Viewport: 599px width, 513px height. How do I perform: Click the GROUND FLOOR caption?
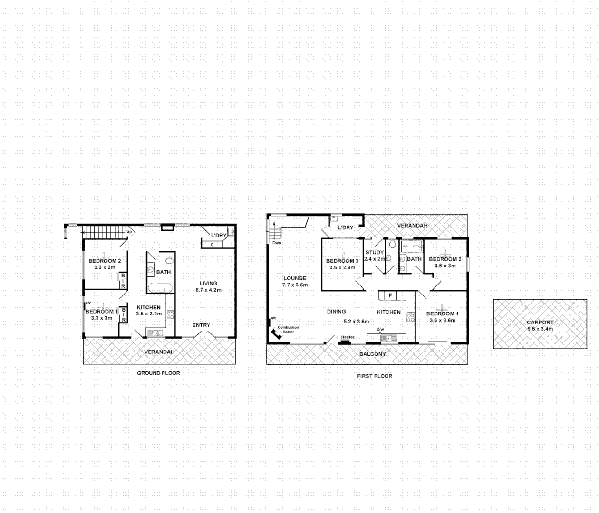coord(158,373)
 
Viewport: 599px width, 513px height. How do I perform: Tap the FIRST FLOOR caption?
coord(375,376)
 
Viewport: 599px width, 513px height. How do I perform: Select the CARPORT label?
coord(540,323)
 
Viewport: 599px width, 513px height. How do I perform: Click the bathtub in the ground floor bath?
coord(159,288)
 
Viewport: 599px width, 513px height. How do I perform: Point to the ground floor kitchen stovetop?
coord(171,314)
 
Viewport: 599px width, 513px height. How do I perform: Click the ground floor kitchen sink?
coord(155,333)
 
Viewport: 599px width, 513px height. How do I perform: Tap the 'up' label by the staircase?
coord(129,232)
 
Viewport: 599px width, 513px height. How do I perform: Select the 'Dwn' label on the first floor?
coord(277,243)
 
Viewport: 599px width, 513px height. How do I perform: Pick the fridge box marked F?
coord(390,296)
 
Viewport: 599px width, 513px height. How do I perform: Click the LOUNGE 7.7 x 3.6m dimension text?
coord(295,285)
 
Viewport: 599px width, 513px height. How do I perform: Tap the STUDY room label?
coord(374,253)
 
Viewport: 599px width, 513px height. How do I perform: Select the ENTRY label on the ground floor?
coord(201,325)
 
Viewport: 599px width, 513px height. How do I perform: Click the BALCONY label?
coord(372,354)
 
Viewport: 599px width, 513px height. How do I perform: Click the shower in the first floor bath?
coord(412,246)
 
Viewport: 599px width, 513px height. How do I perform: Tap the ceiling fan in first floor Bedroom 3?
coord(342,255)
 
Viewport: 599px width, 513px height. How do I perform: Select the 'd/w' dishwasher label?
coord(380,330)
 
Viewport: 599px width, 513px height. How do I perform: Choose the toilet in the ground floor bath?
coord(170,260)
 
